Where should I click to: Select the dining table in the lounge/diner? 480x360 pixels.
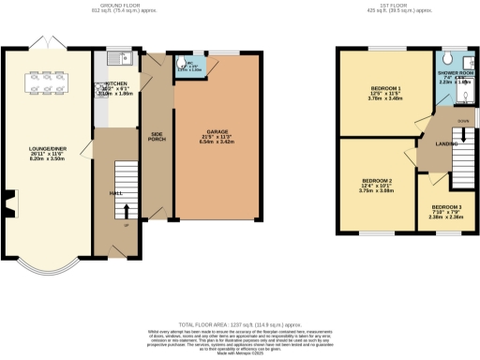[x=46, y=83]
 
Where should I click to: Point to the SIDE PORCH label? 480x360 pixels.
[x=158, y=135]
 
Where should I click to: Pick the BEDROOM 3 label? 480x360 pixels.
[x=446, y=206]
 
